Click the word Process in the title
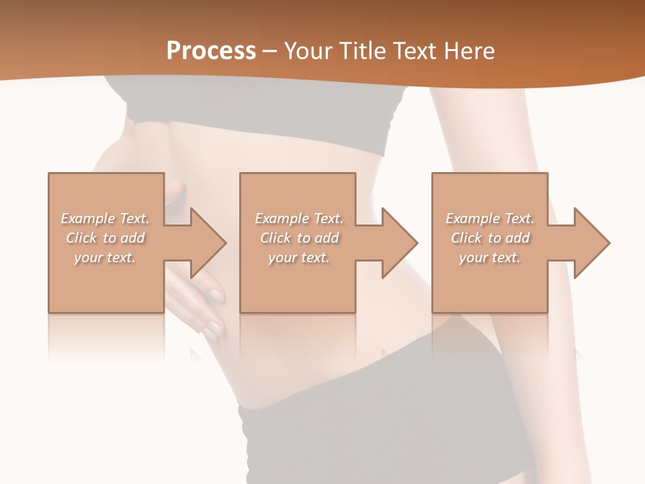pos(211,51)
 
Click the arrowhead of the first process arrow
pos(208,243)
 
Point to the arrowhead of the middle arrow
pos(400,243)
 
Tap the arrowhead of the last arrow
pos(592,243)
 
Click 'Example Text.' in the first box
pos(105,218)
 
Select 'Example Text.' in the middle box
pos(299,218)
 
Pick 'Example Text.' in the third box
pos(490,218)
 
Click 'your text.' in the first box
pos(105,257)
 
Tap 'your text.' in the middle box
pos(299,257)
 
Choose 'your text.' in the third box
pos(490,257)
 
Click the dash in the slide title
pos(269,51)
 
